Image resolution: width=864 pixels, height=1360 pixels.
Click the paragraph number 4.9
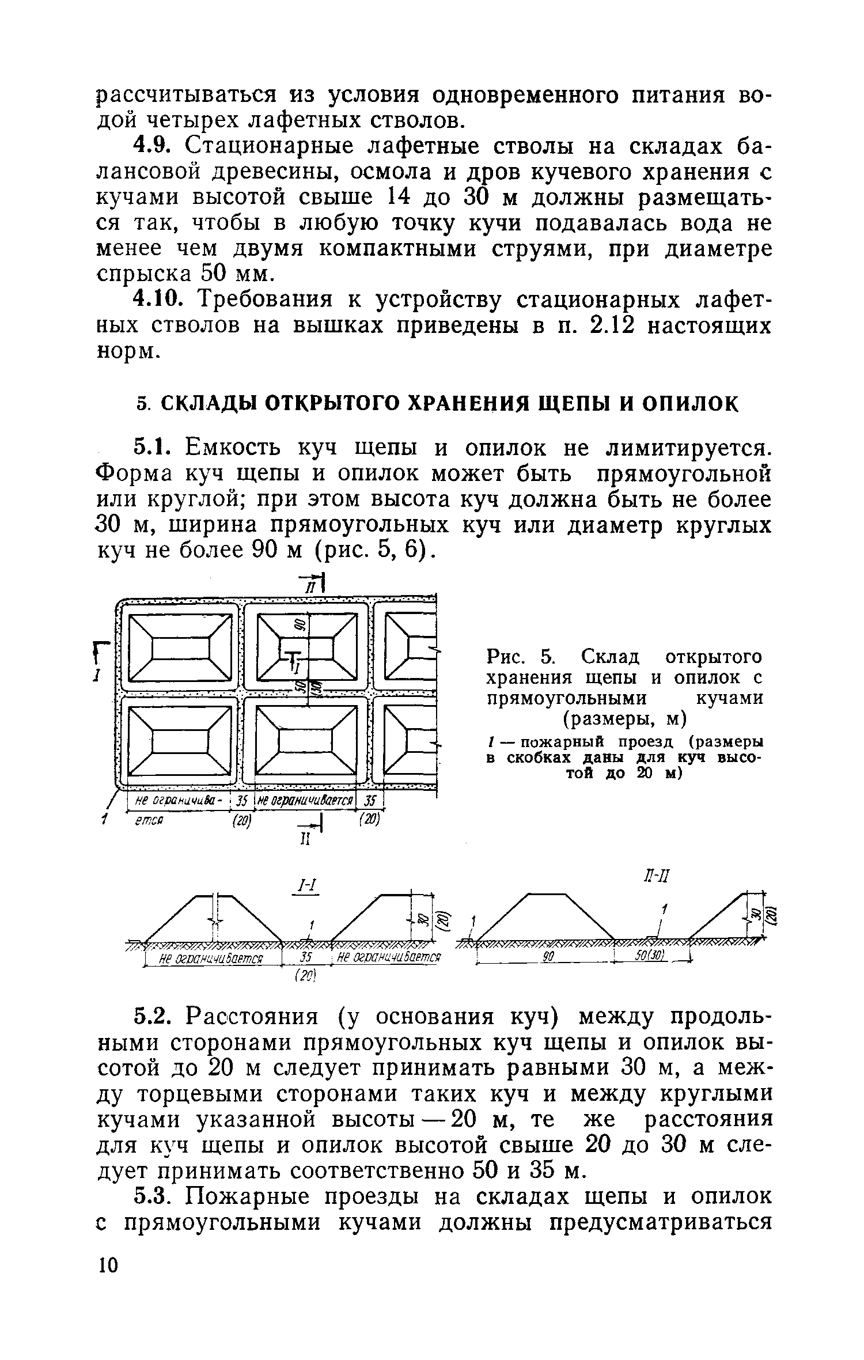click(150, 147)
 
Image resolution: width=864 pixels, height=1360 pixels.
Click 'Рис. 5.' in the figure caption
click(521, 657)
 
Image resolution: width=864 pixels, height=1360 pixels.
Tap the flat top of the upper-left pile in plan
click(179, 650)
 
